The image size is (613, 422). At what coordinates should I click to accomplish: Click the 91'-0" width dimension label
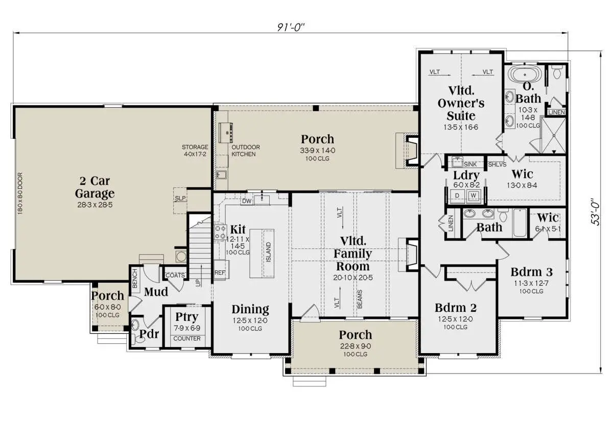pyautogui.click(x=291, y=27)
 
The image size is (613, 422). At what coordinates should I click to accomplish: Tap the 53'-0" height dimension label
pyautogui.click(x=596, y=212)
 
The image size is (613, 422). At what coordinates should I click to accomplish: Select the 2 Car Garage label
pyautogui.click(x=95, y=187)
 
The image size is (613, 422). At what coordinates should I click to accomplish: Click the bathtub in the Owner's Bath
pyautogui.click(x=525, y=75)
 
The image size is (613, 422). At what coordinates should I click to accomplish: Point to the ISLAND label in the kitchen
pyautogui.click(x=269, y=252)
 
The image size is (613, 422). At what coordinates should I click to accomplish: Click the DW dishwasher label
pyautogui.click(x=247, y=201)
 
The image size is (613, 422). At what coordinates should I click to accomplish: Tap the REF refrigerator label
pyautogui.click(x=220, y=272)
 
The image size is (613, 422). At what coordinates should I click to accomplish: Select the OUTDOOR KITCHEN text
pyautogui.click(x=246, y=151)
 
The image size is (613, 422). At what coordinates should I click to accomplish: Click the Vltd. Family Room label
pyautogui.click(x=353, y=254)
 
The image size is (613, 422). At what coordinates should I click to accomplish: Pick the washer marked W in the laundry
pyautogui.click(x=474, y=196)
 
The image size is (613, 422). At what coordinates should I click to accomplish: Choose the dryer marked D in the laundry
pyautogui.click(x=457, y=196)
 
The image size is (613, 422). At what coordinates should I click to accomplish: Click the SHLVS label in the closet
pyautogui.click(x=497, y=164)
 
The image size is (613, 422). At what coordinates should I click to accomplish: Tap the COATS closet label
pyautogui.click(x=175, y=275)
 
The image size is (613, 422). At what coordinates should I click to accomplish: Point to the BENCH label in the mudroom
pyautogui.click(x=135, y=278)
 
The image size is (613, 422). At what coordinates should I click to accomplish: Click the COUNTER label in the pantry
pyautogui.click(x=187, y=338)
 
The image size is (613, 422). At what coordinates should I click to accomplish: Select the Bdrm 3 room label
pyautogui.click(x=531, y=272)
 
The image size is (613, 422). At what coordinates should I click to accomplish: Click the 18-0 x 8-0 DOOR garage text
pyautogui.click(x=20, y=193)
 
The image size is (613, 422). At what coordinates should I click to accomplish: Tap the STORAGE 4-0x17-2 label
pyautogui.click(x=195, y=151)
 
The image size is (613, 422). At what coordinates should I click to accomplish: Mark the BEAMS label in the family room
pyautogui.click(x=360, y=299)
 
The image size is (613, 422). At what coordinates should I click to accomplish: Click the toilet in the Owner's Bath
pyautogui.click(x=557, y=71)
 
